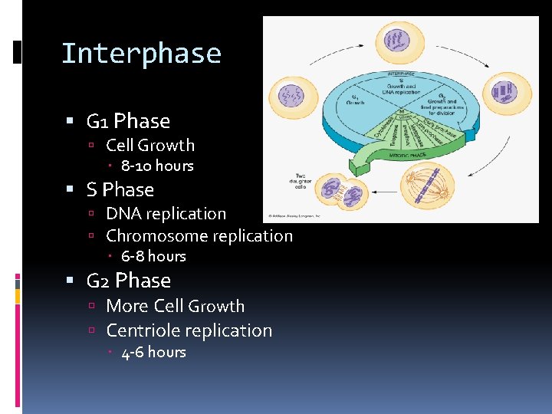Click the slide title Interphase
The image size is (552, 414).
tap(141, 54)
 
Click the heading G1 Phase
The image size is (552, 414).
tap(128, 121)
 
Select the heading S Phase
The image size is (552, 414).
tap(120, 189)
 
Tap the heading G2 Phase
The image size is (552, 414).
tap(128, 281)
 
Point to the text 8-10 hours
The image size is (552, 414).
tap(157, 166)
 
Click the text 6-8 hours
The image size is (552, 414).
tap(153, 256)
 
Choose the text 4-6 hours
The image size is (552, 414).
tap(153, 352)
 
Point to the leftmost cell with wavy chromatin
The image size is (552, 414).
tap(292, 97)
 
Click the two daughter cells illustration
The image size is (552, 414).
tap(343, 191)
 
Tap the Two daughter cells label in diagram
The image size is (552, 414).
tap(300, 181)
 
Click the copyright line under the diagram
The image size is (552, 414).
tap(291, 217)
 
